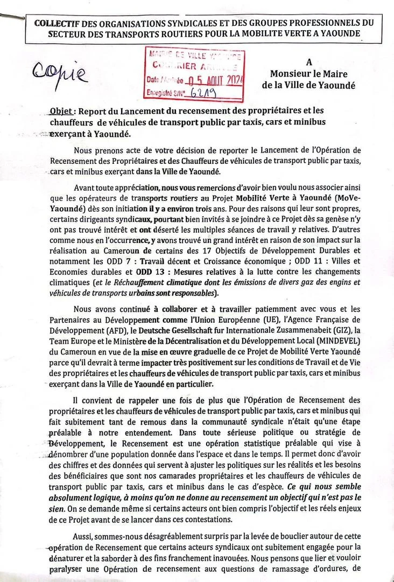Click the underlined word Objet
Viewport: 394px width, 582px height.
[x=61, y=112]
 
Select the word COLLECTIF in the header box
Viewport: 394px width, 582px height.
[x=54, y=24]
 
